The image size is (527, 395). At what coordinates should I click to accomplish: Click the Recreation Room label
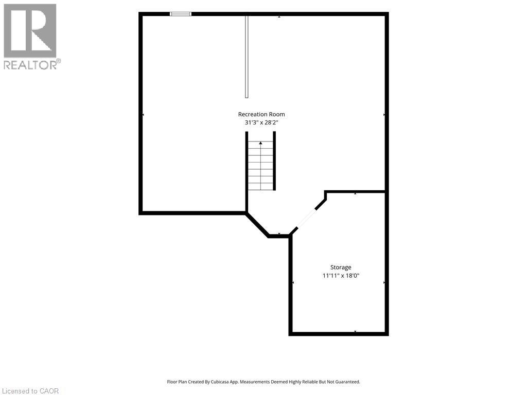click(261, 114)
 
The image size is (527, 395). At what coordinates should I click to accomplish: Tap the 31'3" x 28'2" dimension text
click(261, 122)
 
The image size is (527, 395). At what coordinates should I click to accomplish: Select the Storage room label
click(341, 267)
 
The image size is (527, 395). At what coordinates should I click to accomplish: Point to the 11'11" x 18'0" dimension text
click(341, 276)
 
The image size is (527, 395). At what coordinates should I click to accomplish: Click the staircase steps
click(261, 166)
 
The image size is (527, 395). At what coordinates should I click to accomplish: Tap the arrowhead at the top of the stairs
click(260, 143)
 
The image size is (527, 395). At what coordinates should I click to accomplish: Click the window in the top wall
click(181, 14)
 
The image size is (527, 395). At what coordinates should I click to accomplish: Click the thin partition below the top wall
click(247, 57)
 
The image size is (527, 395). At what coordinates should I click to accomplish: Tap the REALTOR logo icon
click(30, 30)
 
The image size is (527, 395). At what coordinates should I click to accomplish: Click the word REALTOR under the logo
click(30, 65)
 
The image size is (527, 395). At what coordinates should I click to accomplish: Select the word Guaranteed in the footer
click(349, 382)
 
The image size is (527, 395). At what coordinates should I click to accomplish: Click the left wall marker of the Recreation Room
click(143, 115)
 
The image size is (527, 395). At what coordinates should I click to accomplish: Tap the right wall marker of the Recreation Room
click(384, 115)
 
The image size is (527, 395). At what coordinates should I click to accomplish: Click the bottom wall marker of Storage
click(355, 332)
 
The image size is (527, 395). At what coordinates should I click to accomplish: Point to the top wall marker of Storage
click(355, 193)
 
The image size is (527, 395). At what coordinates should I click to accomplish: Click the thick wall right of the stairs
click(274, 161)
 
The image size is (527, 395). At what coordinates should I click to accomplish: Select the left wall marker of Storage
click(293, 283)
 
